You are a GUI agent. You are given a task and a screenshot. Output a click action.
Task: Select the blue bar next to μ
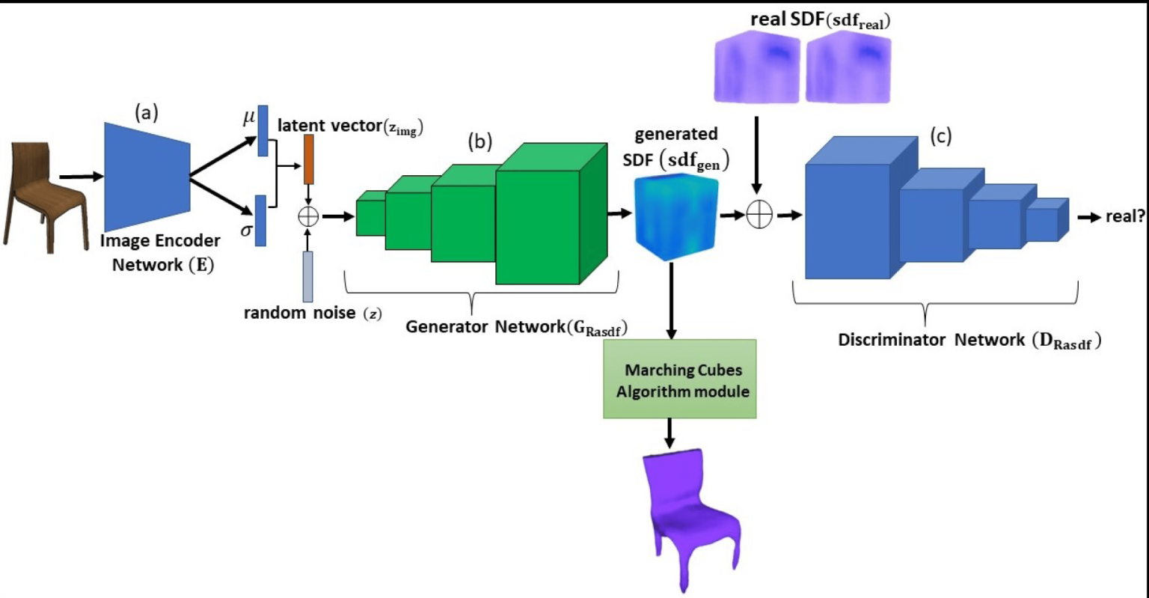[263, 131]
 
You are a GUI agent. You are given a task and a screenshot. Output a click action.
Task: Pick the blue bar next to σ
[260, 221]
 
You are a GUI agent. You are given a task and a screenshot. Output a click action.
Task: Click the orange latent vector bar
[308, 159]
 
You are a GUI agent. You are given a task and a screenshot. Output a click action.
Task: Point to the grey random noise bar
[307, 277]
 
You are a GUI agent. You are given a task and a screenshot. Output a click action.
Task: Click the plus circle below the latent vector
[308, 216]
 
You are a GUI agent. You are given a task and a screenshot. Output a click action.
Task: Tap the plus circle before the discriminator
[759, 216]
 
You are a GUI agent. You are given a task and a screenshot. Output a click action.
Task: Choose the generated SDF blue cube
[675, 216]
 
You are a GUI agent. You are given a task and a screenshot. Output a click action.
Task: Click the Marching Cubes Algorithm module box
[679, 379]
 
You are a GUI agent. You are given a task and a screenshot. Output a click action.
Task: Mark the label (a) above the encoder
[147, 112]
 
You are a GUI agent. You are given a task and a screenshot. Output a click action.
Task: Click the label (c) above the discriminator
[940, 136]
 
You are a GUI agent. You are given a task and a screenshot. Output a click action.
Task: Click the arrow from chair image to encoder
[81, 177]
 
